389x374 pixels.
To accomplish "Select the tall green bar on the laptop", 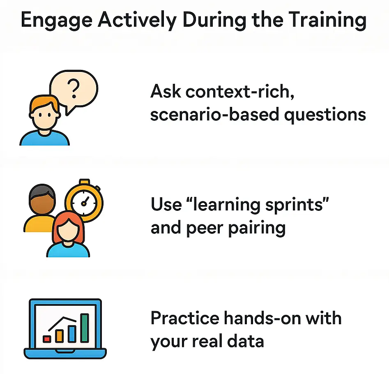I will click(85, 328).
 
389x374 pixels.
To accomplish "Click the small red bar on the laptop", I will click(47, 339).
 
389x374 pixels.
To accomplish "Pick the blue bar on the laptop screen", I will click(72, 333).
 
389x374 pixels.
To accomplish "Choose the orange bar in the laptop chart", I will click(60, 335).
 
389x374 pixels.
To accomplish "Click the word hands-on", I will click(265, 318).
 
